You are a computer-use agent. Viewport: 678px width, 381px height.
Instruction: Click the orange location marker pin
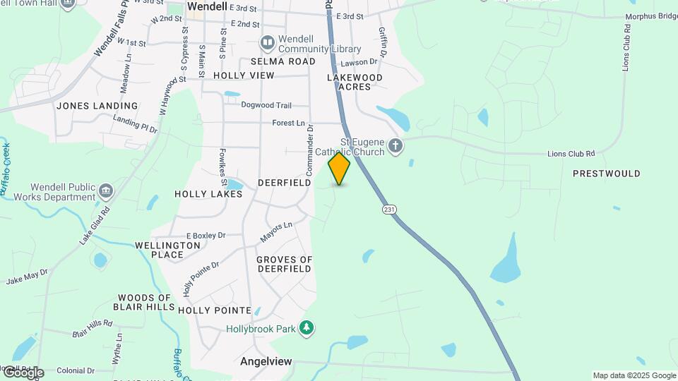click(340, 169)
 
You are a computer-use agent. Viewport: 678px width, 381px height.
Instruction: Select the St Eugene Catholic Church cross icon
click(395, 147)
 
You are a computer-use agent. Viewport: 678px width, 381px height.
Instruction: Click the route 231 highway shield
click(388, 210)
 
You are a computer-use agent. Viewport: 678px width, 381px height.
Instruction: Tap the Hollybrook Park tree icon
click(306, 327)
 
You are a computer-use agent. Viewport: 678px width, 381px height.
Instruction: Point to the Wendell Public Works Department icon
click(105, 190)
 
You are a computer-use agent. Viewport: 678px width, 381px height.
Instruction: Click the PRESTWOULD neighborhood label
click(606, 174)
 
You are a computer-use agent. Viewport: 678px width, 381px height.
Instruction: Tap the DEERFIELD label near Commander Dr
click(284, 183)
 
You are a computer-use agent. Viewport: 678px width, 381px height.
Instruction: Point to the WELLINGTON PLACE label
click(159, 250)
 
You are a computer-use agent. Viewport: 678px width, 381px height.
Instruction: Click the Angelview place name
click(266, 361)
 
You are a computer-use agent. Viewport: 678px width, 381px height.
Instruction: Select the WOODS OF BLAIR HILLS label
click(145, 303)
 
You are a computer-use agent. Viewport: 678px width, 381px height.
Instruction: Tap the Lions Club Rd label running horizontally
click(571, 154)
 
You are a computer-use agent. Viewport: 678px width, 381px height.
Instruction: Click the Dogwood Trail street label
click(266, 105)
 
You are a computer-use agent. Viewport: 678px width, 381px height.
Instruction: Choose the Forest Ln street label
click(289, 123)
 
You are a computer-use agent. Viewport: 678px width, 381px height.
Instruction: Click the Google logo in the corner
click(23, 373)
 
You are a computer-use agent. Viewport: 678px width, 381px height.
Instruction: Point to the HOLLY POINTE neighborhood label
click(215, 310)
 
